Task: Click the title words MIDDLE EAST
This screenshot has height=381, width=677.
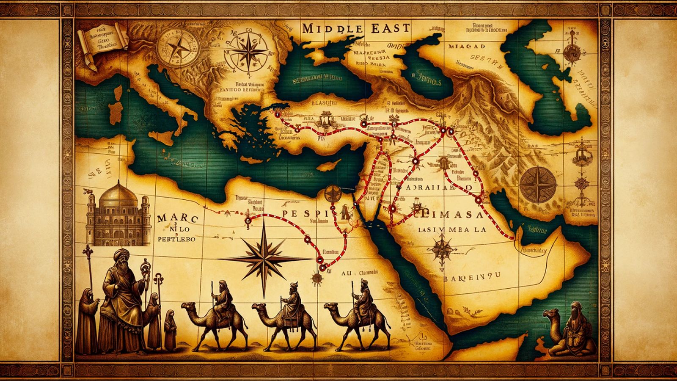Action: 356,28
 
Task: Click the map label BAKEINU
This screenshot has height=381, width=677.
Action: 472,275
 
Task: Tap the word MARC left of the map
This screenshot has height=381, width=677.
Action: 177,219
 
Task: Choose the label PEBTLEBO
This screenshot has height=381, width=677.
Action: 176,239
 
